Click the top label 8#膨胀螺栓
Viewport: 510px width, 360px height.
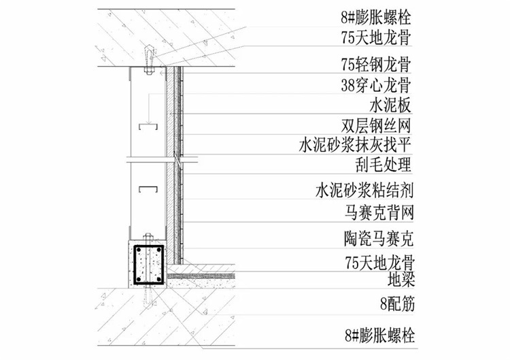point(375,17)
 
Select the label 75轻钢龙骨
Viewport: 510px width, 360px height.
point(375,64)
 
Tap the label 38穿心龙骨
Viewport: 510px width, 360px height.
point(375,85)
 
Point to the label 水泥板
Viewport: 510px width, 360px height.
point(390,105)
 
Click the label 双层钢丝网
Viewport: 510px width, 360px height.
point(375,126)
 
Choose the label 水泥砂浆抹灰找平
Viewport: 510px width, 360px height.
point(355,145)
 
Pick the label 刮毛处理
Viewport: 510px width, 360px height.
point(383,165)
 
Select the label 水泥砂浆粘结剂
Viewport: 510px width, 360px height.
point(364,191)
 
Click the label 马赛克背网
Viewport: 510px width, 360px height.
point(379,213)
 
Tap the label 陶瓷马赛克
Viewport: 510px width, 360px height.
point(379,239)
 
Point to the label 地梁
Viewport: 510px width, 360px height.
point(401,279)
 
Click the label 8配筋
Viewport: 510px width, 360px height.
point(398,305)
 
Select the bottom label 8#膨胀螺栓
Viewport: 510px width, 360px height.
point(380,336)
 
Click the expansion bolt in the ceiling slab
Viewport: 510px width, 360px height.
point(149,59)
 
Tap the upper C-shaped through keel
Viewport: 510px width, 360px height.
point(148,127)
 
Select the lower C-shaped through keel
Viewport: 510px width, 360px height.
point(148,189)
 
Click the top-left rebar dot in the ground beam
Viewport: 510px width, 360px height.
point(139,250)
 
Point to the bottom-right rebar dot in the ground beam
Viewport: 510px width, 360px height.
point(158,279)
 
